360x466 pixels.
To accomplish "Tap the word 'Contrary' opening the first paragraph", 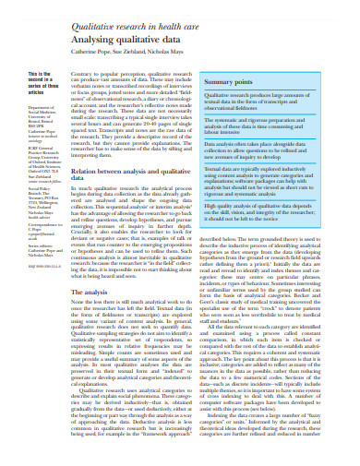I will point(81,70).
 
